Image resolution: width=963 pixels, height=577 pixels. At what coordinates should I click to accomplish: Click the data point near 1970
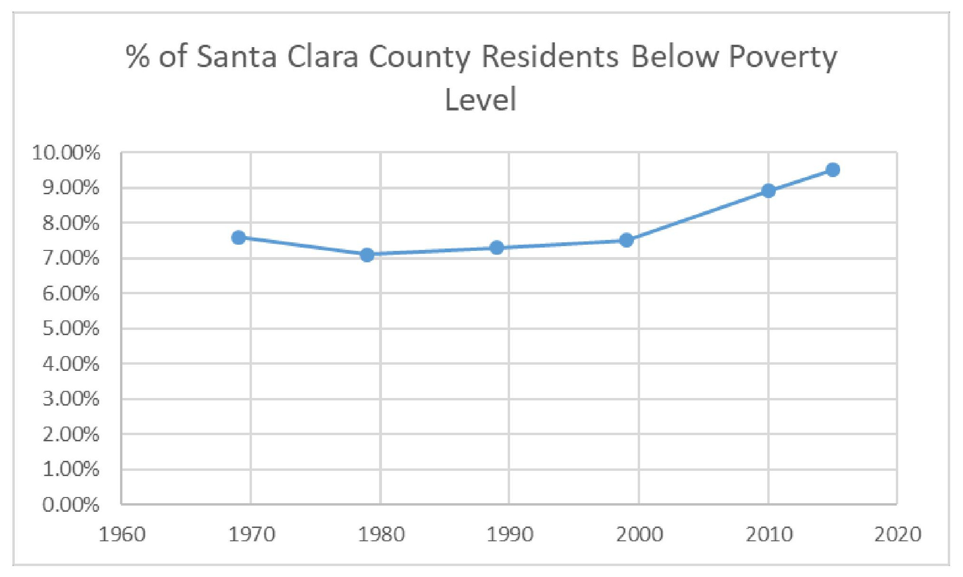pos(239,238)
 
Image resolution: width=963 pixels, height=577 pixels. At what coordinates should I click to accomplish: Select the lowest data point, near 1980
pos(367,255)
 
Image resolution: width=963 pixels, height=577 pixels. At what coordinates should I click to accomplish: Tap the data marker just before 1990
pos(497,248)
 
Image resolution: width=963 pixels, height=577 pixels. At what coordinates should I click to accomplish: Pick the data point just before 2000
pos(626,240)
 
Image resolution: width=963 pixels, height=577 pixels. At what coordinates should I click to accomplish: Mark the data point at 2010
pos(768,191)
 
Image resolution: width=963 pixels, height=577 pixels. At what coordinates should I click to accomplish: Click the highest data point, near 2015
pos(833,169)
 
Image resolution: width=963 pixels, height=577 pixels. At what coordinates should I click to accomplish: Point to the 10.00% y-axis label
pos(66,153)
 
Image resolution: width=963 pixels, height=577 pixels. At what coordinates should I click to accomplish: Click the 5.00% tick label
pos(71,328)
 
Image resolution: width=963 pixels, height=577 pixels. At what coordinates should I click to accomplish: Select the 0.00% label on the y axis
pos(71,505)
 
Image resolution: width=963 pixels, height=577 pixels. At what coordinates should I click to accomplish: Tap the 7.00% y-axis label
pos(71,259)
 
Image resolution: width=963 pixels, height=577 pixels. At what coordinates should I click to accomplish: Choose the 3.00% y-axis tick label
pos(71,399)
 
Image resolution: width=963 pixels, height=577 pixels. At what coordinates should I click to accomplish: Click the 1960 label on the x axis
pos(122,535)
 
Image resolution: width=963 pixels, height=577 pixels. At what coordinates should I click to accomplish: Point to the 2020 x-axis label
pos(898,535)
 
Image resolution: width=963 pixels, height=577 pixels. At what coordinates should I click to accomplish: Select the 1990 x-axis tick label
pos(510,535)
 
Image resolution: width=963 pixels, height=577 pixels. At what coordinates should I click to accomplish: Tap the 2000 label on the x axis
pos(639,535)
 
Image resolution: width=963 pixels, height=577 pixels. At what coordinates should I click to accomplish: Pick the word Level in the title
pos(480,99)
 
